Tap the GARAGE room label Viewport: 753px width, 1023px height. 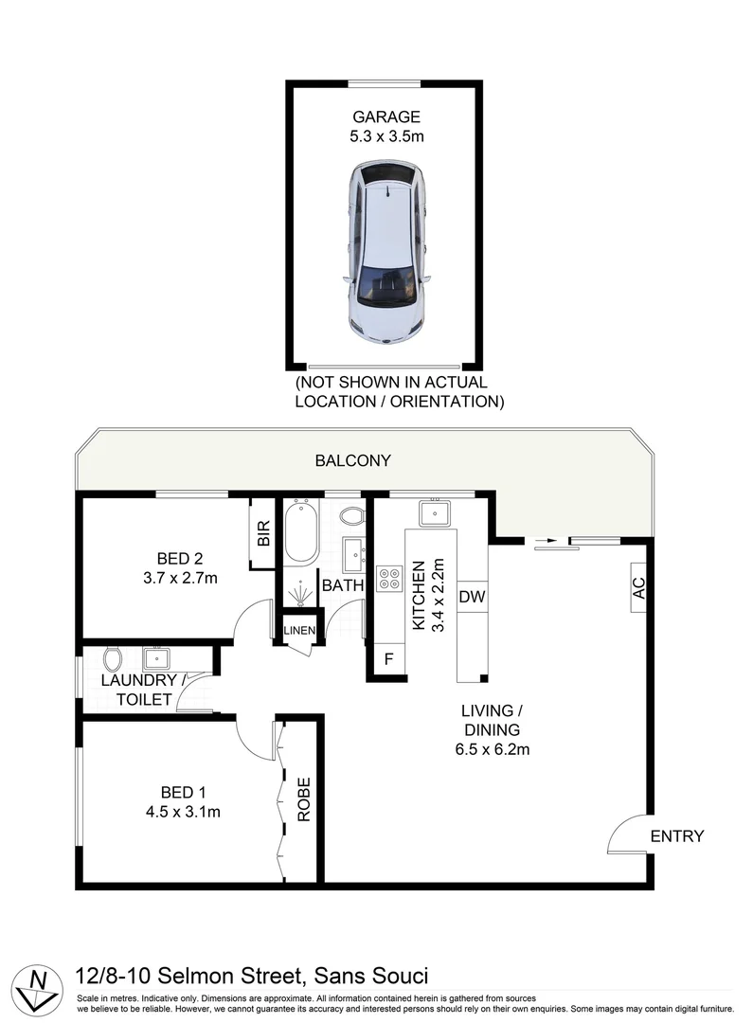click(x=386, y=117)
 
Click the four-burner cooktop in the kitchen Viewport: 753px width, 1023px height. click(x=389, y=579)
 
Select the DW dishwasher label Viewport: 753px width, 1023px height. click(x=471, y=597)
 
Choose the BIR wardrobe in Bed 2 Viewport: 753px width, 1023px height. click(x=263, y=534)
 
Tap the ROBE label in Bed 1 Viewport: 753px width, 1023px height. click(x=304, y=799)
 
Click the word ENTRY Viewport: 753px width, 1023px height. click(x=677, y=836)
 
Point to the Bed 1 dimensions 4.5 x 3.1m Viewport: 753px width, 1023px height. click(x=183, y=811)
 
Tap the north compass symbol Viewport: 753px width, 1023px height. click(x=38, y=985)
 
